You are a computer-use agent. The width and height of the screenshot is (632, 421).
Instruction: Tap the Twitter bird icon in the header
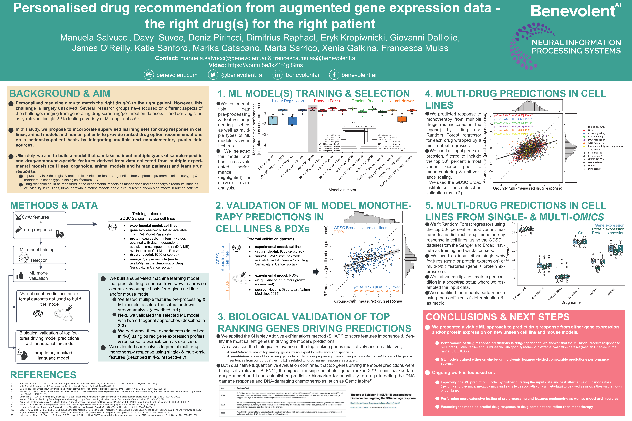213,75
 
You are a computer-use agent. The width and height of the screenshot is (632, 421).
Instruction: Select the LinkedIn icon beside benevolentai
278,75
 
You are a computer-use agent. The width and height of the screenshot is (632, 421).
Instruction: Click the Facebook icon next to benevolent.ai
334,75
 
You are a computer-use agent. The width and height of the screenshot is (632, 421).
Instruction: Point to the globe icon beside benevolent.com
149,75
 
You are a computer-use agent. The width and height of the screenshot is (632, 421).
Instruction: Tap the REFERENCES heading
43,375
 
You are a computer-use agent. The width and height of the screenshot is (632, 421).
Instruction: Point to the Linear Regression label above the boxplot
288,101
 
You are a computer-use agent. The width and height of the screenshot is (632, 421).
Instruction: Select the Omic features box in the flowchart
39,225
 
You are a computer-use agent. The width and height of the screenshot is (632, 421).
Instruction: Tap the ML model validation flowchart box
39,275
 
